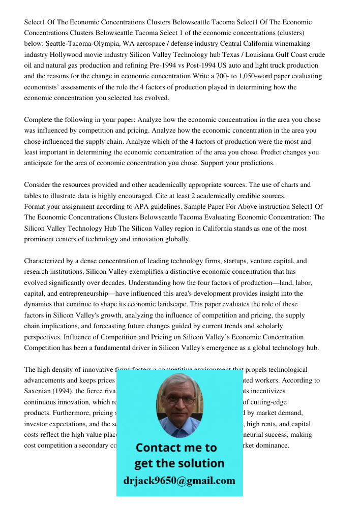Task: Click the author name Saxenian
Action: click(x=39, y=391)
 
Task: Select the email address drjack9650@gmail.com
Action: click(x=179, y=481)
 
